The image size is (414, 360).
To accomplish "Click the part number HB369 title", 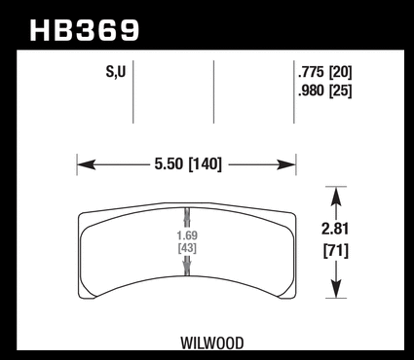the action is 85,30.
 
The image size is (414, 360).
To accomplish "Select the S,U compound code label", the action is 116,72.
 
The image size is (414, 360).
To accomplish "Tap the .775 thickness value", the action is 311,72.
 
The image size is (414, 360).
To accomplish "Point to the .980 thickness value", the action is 311,90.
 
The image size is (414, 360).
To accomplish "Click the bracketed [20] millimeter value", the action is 341,72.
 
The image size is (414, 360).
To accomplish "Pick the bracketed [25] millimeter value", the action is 341,90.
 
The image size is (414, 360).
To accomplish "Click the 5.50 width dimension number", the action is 169,164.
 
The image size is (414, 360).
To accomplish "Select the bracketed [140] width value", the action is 206,164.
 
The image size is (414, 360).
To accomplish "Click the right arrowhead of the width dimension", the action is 286,164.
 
